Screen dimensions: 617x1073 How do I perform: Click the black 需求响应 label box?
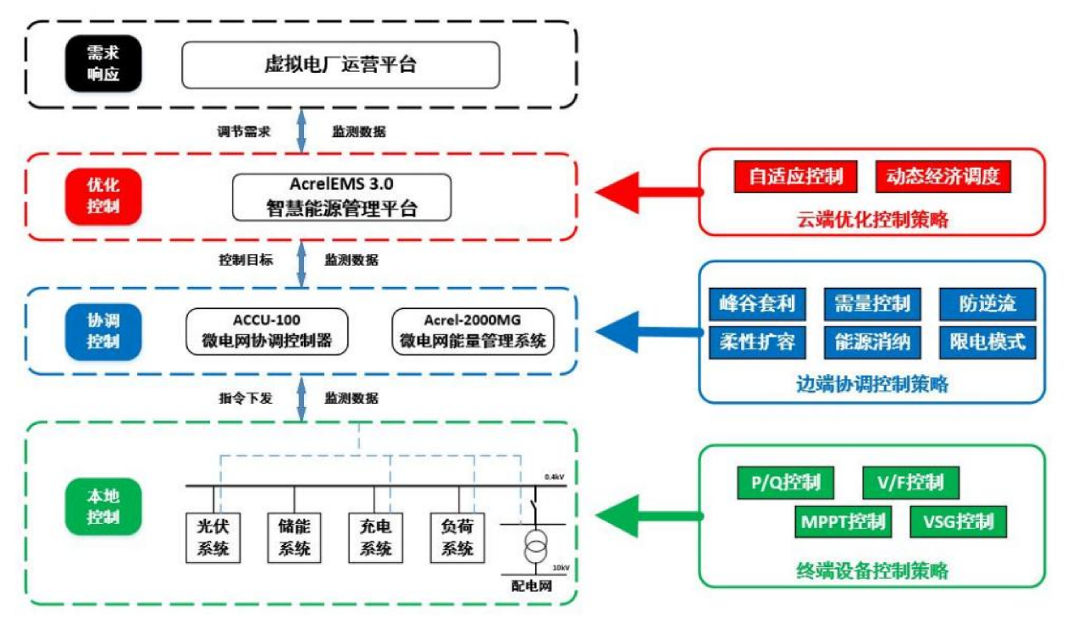point(102,64)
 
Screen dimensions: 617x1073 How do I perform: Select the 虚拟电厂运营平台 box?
point(340,64)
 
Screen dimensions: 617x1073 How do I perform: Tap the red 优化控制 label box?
point(102,196)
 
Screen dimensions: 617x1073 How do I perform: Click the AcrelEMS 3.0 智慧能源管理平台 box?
point(342,196)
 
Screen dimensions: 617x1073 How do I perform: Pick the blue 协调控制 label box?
point(102,331)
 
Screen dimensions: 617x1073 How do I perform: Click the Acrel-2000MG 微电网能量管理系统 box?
point(473,331)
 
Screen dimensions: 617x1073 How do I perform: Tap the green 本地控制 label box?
point(102,505)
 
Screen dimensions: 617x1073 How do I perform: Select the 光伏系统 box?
point(213,537)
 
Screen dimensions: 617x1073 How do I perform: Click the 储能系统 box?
point(295,537)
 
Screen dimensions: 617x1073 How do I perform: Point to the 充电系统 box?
point(376,537)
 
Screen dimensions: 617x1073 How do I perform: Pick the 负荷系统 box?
point(457,537)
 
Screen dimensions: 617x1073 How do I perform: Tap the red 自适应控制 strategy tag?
point(795,176)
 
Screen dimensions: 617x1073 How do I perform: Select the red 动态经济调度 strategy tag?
point(943,176)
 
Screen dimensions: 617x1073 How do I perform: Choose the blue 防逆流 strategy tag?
point(987,303)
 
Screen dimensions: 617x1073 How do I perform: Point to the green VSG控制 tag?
point(959,521)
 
